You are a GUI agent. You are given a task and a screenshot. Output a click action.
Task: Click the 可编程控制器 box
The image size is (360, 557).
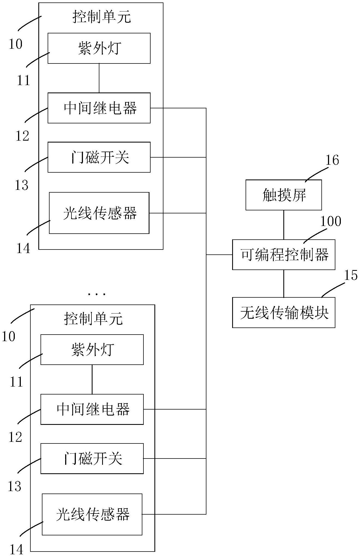tap(284, 255)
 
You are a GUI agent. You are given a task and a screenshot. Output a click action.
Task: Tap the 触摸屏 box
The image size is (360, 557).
tap(284, 195)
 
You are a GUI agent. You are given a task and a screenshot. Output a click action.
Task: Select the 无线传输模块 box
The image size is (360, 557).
tap(284, 312)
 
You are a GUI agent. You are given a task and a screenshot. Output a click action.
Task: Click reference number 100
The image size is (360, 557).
tap(330, 221)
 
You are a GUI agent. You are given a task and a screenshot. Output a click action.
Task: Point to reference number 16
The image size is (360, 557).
tap(332, 160)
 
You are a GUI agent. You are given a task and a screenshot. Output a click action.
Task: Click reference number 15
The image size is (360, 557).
tap(350, 275)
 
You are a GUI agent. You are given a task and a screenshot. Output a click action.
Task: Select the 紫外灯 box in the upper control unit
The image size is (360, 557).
tap(99, 48)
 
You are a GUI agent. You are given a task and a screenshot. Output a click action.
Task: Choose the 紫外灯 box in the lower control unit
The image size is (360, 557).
tap(92, 350)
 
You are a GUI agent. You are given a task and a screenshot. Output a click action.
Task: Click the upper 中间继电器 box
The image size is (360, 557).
tap(99, 108)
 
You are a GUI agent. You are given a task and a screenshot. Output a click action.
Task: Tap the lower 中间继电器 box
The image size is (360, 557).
tap(92, 409)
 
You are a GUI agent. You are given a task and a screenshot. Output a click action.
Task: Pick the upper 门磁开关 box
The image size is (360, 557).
tap(99, 157)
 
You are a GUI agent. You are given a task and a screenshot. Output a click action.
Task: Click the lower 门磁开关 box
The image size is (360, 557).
tap(92, 459)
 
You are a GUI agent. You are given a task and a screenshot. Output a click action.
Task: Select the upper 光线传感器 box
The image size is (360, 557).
tap(99, 213)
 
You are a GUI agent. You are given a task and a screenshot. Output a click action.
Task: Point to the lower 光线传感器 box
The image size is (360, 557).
tap(92, 514)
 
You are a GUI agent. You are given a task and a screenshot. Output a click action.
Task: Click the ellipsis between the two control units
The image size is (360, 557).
tap(96, 294)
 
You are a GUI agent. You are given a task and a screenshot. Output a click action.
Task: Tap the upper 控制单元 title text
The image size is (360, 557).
tap(102, 17)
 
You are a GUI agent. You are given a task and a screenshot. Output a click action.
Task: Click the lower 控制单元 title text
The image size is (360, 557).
tap(93, 319)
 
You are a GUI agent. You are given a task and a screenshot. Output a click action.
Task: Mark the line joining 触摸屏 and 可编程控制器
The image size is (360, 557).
tap(284, 225)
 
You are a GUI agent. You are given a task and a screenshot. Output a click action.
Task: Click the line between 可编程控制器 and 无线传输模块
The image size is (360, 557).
tap(284, 284)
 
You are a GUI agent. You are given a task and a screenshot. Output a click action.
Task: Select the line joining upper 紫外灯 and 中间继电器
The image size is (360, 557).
tap(99, 78)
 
